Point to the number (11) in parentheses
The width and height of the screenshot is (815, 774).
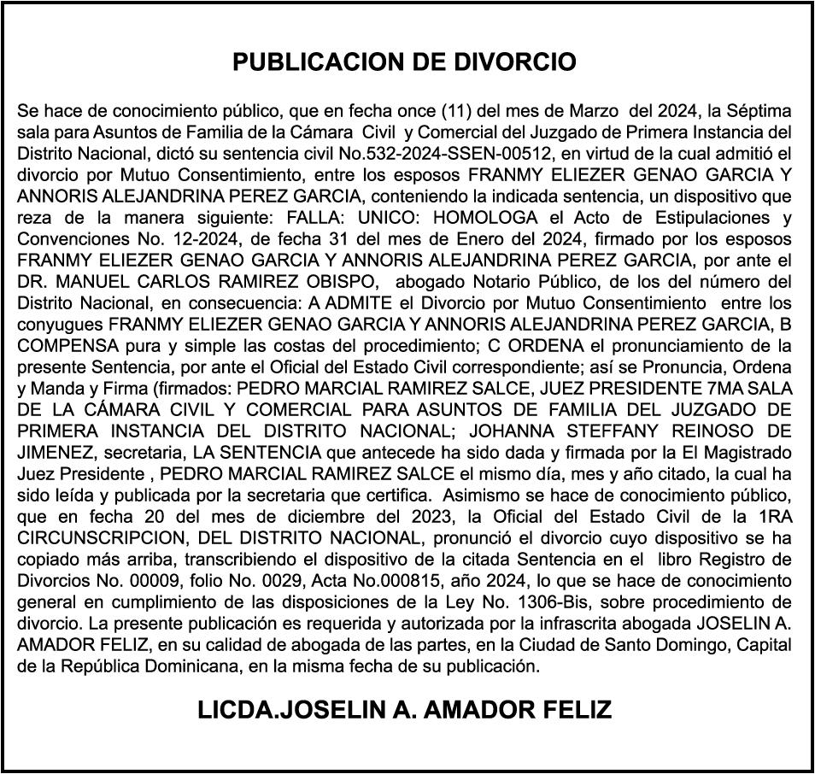(458, 111)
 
